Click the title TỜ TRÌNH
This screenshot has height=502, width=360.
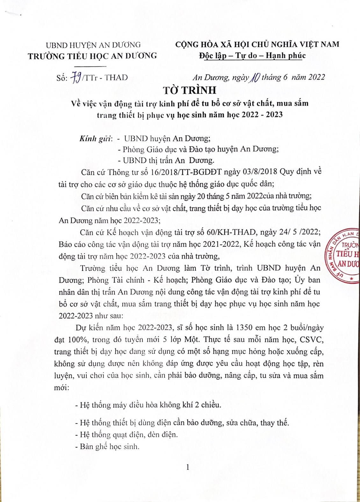190,90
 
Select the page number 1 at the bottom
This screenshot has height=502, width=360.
188,467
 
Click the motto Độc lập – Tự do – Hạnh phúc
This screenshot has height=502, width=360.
252,56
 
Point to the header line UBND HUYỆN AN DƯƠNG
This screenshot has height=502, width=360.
93,45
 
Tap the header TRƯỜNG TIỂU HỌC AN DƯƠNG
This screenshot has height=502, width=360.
92,56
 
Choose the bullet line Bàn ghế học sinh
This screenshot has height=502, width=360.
107,447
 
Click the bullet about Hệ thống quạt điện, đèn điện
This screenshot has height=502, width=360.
126,434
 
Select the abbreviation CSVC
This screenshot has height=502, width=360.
307,340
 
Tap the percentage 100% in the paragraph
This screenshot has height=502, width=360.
78,340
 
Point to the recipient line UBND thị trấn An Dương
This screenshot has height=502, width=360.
166,160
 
